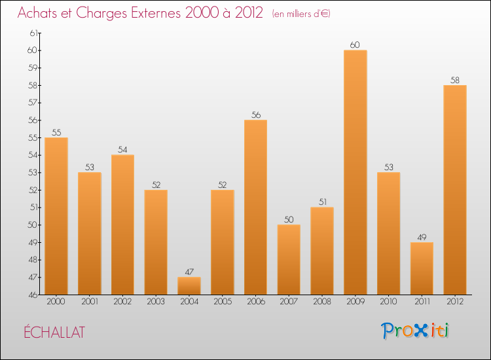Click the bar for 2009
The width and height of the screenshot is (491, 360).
point(355,172)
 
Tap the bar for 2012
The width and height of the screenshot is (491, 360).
point(454,190)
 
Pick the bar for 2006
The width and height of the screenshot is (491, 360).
point(255,207)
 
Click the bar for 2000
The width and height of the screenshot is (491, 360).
point(56,216)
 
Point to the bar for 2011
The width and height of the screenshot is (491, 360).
point(422,268)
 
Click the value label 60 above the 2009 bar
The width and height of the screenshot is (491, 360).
point(355,45)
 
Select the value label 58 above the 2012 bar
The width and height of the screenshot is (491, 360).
point(454,80)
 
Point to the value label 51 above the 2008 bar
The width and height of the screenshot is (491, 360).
point(321,202)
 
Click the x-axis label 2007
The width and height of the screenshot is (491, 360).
point(289,302)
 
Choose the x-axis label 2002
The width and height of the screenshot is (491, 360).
point(122,302)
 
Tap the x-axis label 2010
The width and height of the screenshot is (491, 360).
point(388,302)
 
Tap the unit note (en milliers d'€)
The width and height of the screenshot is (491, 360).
point(301,14)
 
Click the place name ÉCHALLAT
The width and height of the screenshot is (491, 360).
point(54,332)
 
